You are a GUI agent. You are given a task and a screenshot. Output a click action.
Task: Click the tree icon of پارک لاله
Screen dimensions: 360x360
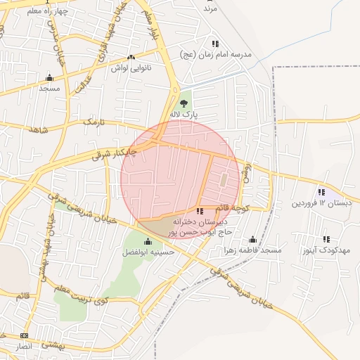coord(184,103)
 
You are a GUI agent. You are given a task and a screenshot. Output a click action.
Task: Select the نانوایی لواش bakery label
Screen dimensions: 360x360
coord(131,69)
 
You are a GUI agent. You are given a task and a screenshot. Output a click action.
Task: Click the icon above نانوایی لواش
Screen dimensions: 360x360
coord(131,58)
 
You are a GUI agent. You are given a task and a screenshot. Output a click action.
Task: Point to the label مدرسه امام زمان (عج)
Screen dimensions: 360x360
coord(215,55)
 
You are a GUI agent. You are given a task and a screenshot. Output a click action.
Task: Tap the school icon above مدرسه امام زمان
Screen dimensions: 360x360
coord(215,44)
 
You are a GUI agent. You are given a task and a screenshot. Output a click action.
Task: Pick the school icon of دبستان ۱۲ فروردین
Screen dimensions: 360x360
coord(321,192)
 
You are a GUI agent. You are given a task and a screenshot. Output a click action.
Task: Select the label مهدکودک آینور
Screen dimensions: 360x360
coord(326,250)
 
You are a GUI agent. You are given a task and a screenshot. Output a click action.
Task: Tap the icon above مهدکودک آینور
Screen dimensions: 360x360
coord(326,239)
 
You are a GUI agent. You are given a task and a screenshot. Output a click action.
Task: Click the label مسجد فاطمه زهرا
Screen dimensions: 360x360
coord(252,250)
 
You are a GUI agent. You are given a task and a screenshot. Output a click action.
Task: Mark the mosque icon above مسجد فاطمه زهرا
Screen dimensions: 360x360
coord(252,239)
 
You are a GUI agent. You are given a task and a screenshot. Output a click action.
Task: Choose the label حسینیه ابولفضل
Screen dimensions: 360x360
coord(148,252)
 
